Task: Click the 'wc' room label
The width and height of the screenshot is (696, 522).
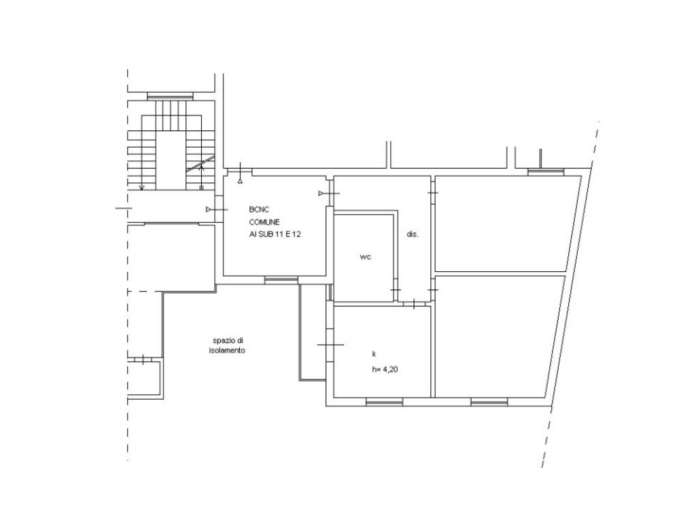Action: (365, 257)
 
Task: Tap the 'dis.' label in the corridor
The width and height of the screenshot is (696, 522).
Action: (413, 234)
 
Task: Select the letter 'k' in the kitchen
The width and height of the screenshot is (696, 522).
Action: (375, 353)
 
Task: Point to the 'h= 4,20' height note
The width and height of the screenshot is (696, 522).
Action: (385, 369)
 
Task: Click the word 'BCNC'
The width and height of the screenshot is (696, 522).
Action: (259, 209)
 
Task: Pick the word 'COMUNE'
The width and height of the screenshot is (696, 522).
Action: (264, 222)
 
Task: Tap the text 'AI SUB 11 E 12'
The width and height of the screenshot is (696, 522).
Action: (275, 234)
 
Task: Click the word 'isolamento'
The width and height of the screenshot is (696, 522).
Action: (227, 351)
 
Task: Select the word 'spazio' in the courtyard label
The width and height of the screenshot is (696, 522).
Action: (222, 341)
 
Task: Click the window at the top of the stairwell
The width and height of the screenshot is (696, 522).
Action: (171, 95)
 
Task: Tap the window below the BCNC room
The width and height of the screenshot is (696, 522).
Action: (281, 279)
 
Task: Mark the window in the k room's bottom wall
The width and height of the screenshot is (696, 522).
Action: (385, 402)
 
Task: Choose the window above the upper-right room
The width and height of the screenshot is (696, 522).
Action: (546, 172)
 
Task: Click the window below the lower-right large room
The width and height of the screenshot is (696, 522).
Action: (489, 402)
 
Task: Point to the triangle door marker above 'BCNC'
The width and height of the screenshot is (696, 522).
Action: (240, 181)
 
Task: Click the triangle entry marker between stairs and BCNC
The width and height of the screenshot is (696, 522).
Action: (209, 209)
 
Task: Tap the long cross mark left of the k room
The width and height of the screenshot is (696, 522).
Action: (330, 345)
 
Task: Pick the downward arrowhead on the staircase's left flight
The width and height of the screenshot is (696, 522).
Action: (141, 188)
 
